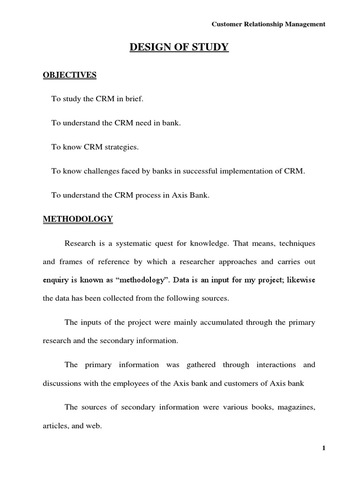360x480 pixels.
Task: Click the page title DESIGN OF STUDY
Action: [x=180, y=48]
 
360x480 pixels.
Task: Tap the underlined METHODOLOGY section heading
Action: [x=78, y=219]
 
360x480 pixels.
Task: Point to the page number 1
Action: [x=323, y=448]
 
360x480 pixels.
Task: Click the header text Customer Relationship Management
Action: [x=269, y=24]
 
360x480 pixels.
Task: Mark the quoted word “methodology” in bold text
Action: [x=144, y=280]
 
